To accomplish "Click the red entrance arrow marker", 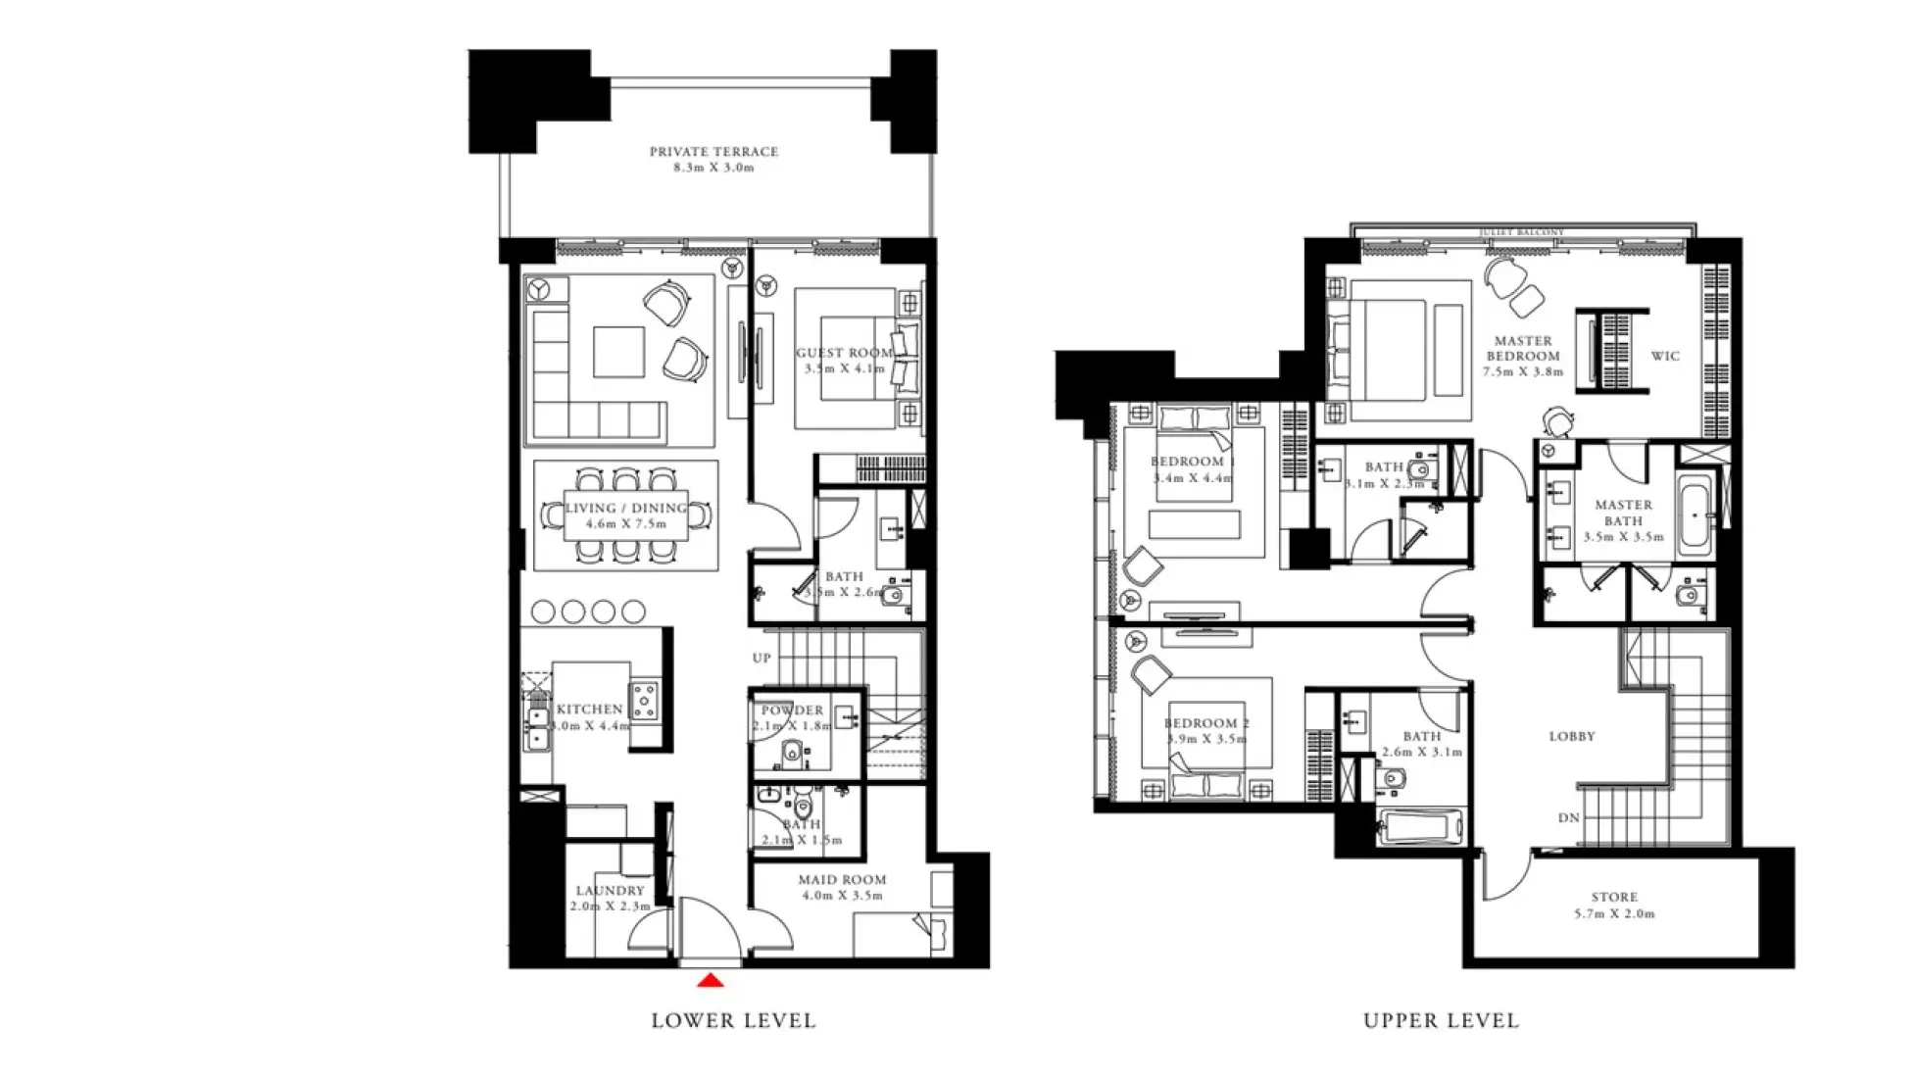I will (711, 980).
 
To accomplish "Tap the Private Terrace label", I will (713, 153).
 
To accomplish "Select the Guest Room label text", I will (844, 354).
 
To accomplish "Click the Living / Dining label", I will (625, 509).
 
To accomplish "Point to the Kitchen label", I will (589, 710).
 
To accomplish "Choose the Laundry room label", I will (610, 891).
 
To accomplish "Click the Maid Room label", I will (842, 880).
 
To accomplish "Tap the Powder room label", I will (792, 710).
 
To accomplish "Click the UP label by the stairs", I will (762, 659).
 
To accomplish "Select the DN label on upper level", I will (1568, 818).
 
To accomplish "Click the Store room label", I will (1614, 898).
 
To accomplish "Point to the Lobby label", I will (1572, 737).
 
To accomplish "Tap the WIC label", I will (1665, 357).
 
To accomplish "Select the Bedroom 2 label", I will (1206, 724).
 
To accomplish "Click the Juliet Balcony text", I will (1521, 233).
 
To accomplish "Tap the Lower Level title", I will (733, 1021).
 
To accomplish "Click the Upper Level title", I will (1441, 1021).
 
